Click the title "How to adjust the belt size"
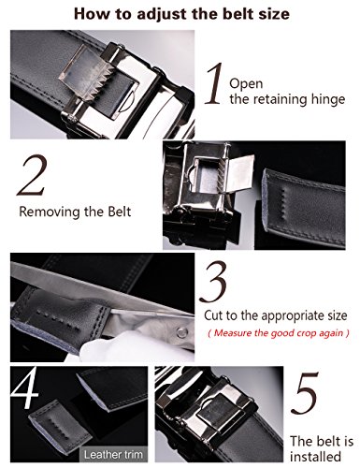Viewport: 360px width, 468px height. pyautogui.click(x=180, y=13)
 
